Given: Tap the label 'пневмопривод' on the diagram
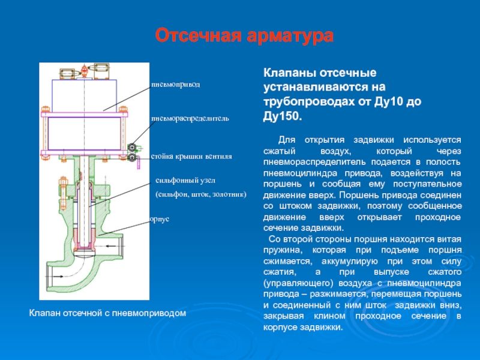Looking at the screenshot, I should (x=175, y=85).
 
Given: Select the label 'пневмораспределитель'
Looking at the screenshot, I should (x=190, y=119).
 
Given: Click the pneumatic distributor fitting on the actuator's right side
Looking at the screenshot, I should (x=133, y=151).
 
